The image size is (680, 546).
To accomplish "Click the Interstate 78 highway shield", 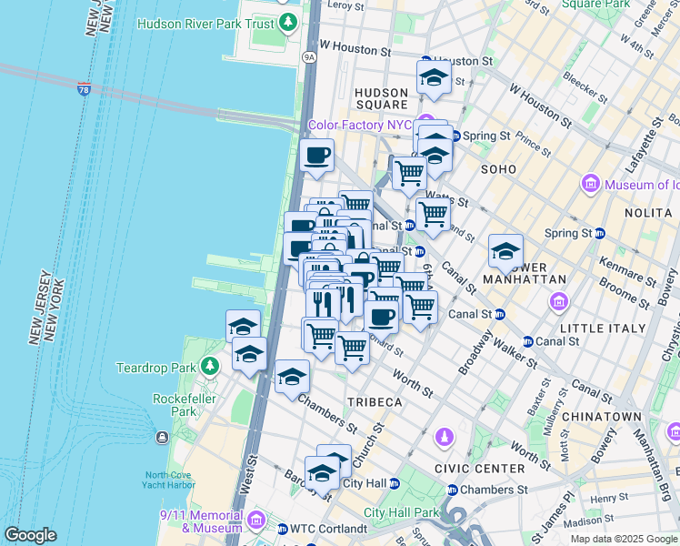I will [84, 88].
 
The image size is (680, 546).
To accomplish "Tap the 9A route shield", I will [309, 56].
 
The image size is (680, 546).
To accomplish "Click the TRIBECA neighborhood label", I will [374, 402].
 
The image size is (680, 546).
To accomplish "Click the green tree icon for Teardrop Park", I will [210, 367].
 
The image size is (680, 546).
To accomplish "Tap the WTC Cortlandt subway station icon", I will [282, 529].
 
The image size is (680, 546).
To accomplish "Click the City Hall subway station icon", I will [394, 483].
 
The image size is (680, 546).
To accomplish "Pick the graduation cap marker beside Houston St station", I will [435, 78].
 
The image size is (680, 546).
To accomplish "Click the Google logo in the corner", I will [30, 535].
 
